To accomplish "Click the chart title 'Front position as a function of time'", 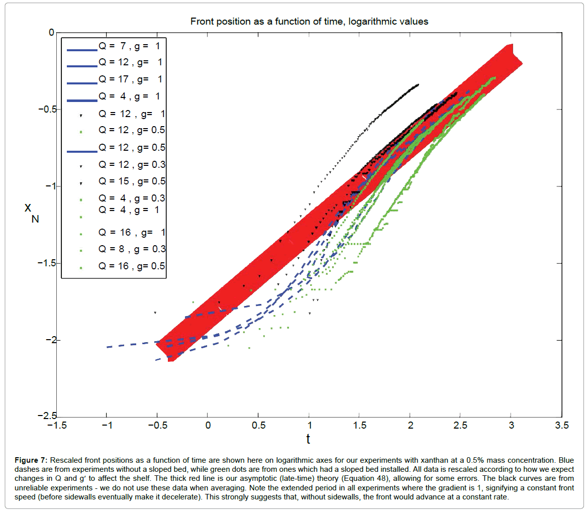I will tap(309, 22).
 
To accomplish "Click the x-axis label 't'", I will tap(308, 439).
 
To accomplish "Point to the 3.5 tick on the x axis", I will tap(561, 426).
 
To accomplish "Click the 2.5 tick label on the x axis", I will tap(460, 426).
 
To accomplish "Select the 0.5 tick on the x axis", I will tap(258, 426).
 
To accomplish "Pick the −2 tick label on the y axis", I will tap(48, 340).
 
